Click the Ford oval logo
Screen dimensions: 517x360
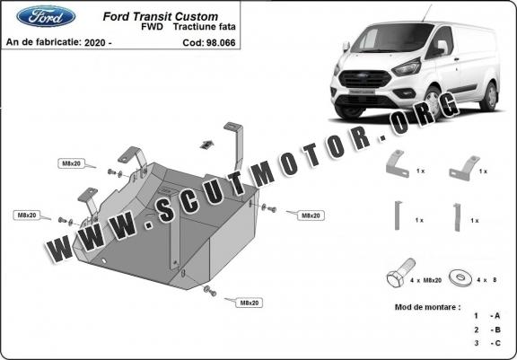pyautogui.click(x=46, y=16)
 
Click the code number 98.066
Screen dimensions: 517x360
pyautogui.click(x=221, y=43)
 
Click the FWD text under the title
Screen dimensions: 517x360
pyautogui.click(x=152, y=27)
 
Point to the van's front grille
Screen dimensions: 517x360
pyautogui.click(x=365, y=79)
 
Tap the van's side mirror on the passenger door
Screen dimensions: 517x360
pyautogui.click(x=443, y=47)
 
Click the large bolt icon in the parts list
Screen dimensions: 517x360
pyautogui.click(x=400, y=273)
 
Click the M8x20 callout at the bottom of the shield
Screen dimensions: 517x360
pyautogui.click(x=249, y=303)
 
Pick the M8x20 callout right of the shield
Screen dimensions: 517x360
pyautogui.click(x=311, y=215)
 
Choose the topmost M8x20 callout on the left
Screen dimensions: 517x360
pyautogui.click(x=71, y=163)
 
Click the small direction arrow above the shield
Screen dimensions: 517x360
pyautogui.click(x=206, y=145)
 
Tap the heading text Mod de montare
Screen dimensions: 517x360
pyautogui.click(x=427, y=307)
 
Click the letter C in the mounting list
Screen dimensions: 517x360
pyautogui.click(x=497, y=343)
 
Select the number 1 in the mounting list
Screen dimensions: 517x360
pyautogui.click(x=476, y=316)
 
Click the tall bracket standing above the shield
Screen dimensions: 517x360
pyautogui.click(x=235, y=145)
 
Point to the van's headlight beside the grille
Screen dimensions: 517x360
pyautogui.click(x=407, y=67)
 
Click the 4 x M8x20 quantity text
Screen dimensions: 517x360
pyautogui.click(x=425, y=280)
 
